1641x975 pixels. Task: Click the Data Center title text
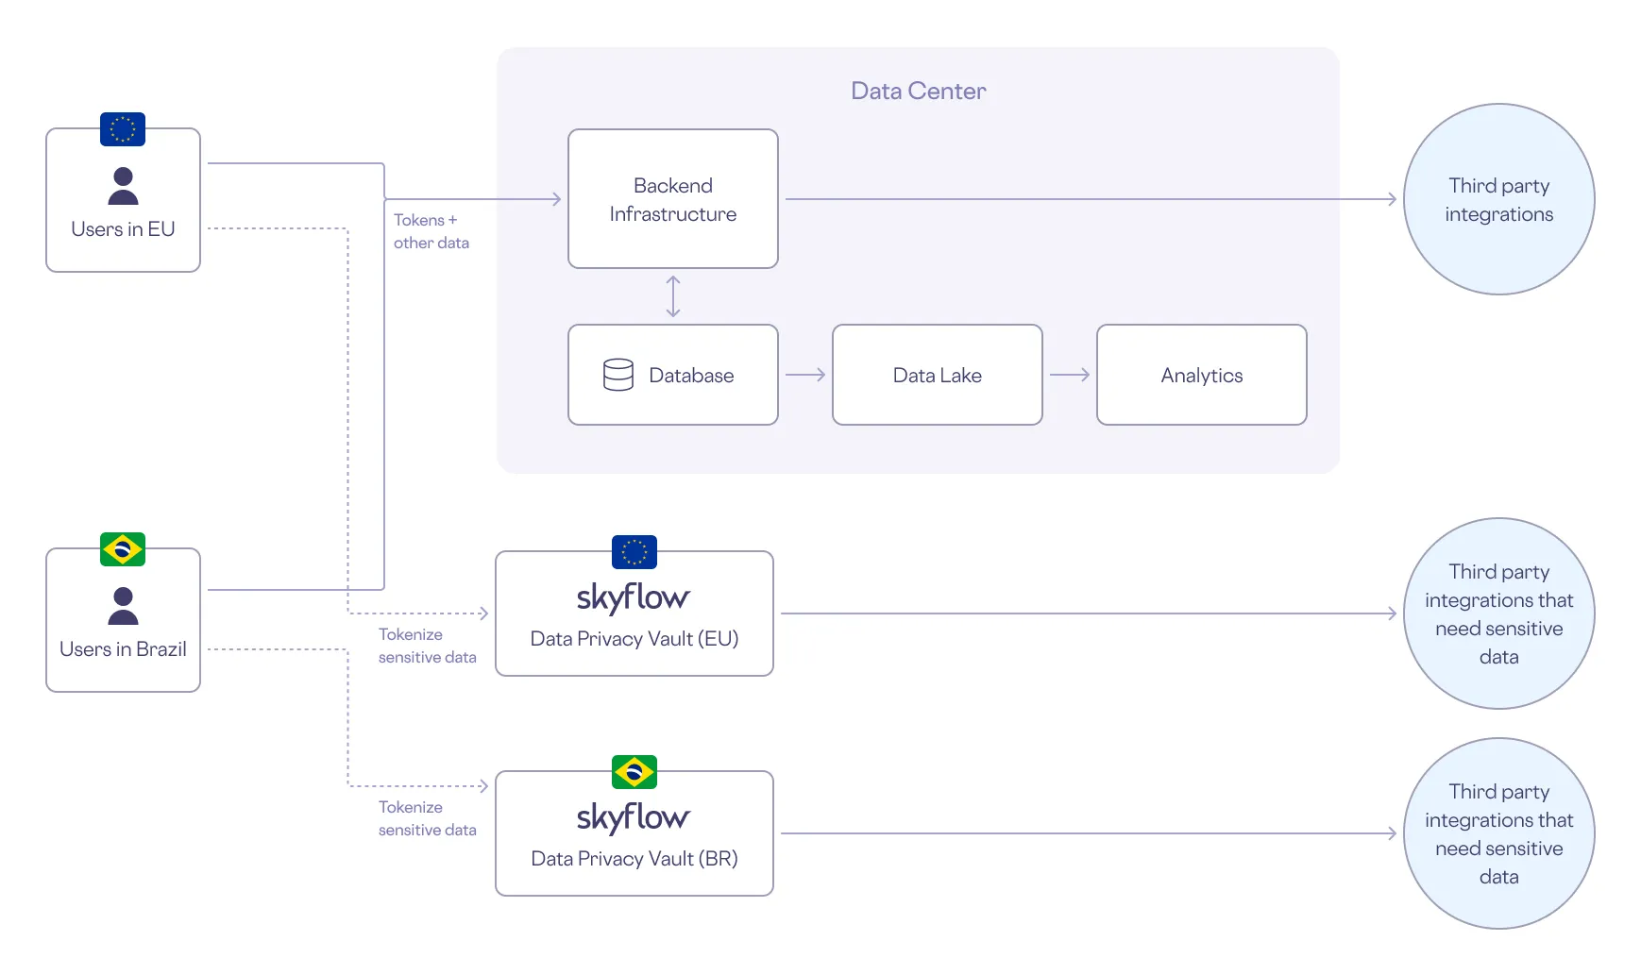[x=918, y=91]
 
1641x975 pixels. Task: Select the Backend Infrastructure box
[x=672, y=199]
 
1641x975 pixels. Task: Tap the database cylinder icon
[x=618, y=375]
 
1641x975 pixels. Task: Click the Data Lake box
[x=937, y=375]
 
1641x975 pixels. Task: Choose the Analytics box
[x=1201, y=375]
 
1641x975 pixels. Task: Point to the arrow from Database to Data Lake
[x=805, y=375]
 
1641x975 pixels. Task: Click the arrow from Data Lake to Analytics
[x=1070, y=375]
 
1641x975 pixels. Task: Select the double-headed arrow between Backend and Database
[x=673, y=296]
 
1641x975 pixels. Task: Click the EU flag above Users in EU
[x=123, y=128]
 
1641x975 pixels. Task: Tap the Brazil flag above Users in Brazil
[x=123, y=548]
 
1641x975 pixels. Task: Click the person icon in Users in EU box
[x=123, y=186]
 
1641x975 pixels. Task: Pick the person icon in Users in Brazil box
[x=123, y=606]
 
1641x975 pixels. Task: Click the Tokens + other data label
[x=431, y=231]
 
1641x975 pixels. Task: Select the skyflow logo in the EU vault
[x=634, y=597]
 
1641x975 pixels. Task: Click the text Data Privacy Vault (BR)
[x=634, y=859]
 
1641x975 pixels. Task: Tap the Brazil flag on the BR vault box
[x=634, y=772]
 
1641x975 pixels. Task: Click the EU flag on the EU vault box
[x=634, y=552]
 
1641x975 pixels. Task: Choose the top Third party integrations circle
[x=1498, y=199]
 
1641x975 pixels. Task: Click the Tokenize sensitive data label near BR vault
[x=427, y=818]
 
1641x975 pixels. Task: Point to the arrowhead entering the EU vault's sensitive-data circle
[x=1392, y=614]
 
